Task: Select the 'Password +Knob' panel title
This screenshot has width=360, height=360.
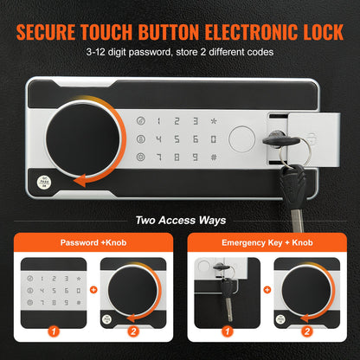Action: (x=93, y=243)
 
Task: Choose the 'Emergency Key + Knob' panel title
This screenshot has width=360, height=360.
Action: (x=267, y=243)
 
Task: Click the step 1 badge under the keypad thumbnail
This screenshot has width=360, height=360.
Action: (x=53, y=331)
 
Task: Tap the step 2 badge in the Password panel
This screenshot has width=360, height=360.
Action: (x=132, y=331)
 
